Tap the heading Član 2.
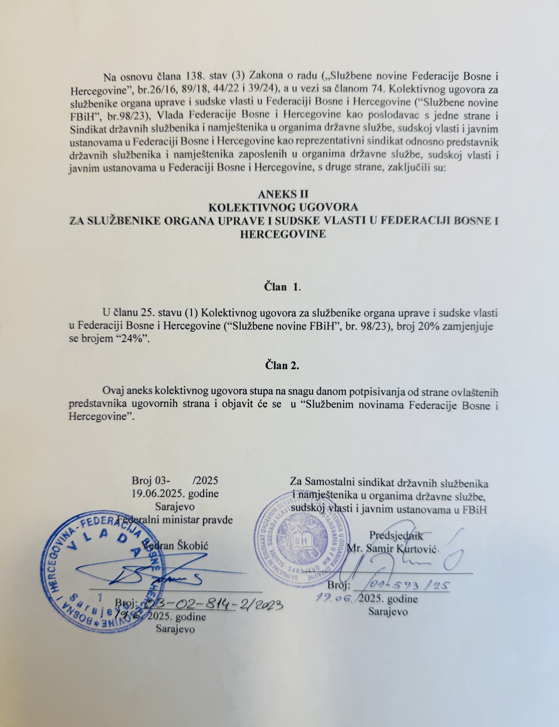tap(282, 365)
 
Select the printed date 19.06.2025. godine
tap(175, 493)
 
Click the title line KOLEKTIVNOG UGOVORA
tap(283, 207)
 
